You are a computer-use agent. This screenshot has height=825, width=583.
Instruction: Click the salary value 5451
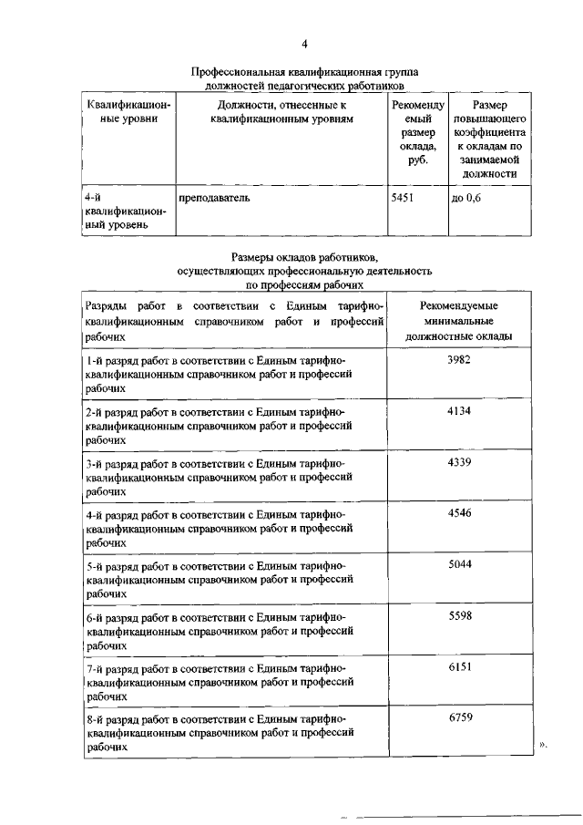(402, 198)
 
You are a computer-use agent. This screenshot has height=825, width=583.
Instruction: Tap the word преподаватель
(216, 198)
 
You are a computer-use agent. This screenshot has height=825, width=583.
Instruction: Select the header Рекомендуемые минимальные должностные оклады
(466, 321)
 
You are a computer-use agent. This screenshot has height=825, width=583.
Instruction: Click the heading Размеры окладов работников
(304, 258)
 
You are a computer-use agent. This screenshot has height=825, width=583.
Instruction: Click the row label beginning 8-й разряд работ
(215, 732)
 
